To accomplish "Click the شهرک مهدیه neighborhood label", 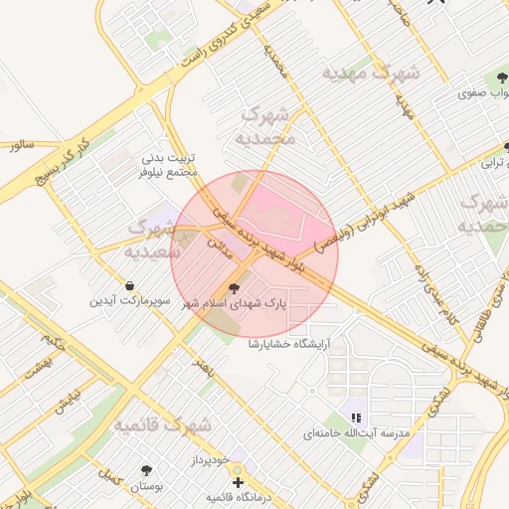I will point(370,75).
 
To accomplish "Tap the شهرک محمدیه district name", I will point(268,126).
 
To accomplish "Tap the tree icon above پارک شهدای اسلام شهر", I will point(235,289).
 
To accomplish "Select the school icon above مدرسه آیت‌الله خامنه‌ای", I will point(356,418).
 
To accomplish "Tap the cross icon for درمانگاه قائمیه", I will point(237,482).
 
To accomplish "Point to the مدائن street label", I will point(218,244).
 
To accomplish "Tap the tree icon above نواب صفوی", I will point(498,79).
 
